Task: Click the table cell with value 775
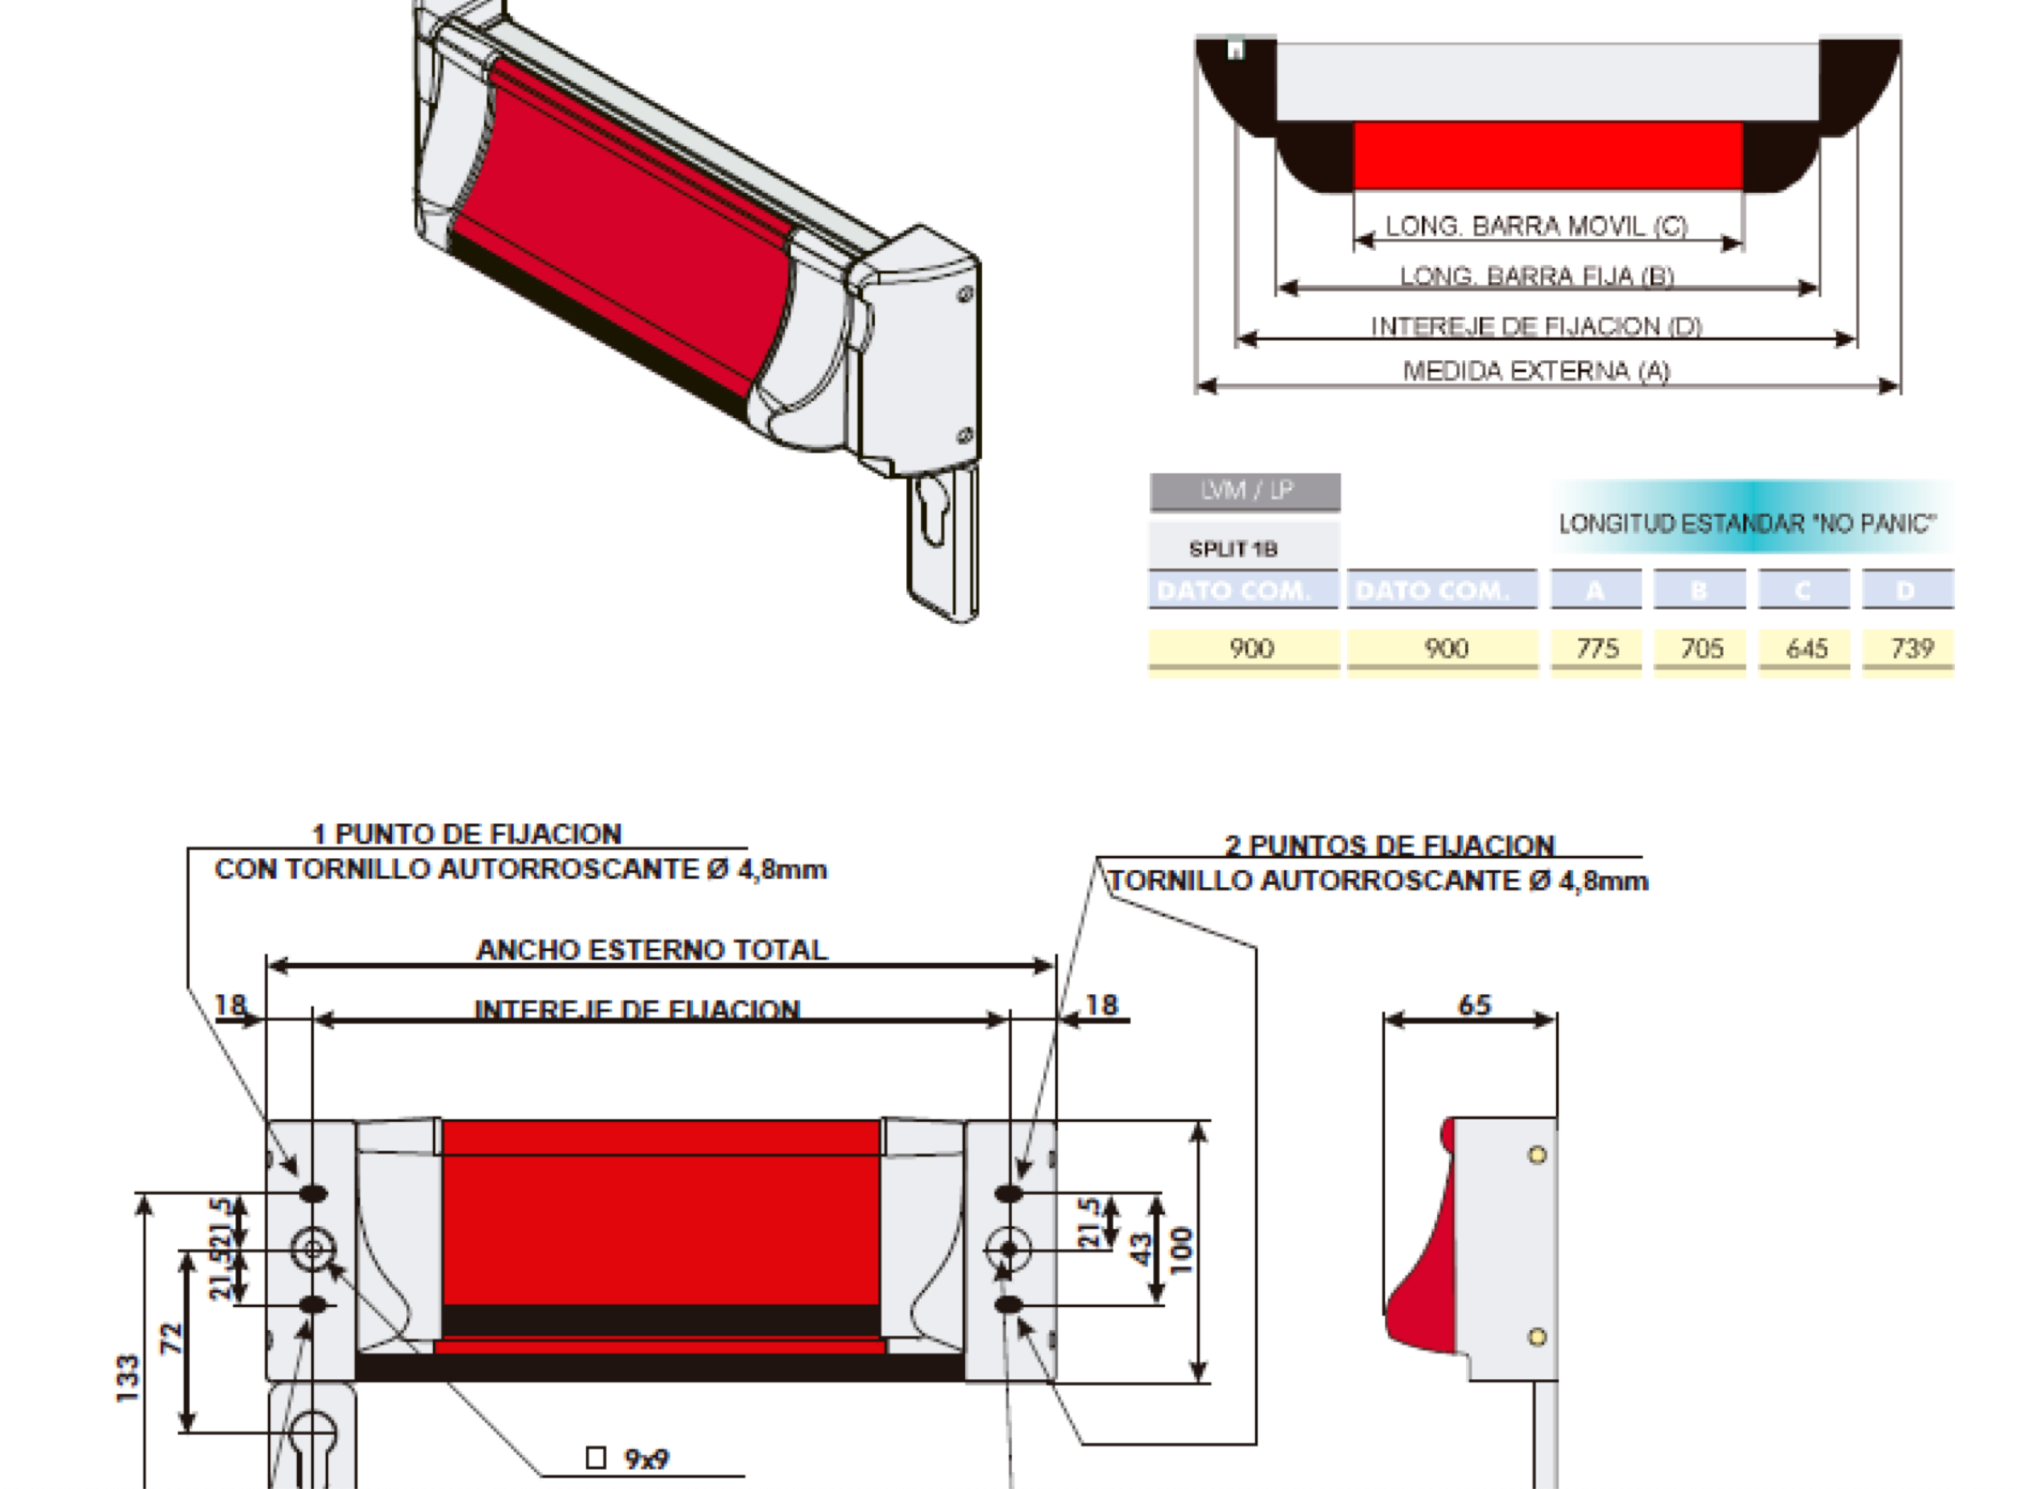1596,648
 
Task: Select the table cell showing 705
1701,648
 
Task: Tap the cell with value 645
1805,648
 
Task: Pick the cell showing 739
1910,648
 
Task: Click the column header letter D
1906,591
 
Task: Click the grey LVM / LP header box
1245,491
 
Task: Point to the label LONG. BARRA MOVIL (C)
1536,225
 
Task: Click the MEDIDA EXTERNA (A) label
1536,371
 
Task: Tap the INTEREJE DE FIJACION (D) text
1536,326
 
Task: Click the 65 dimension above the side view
1474,1005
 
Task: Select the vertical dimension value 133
128,1377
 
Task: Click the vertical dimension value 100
1181,1250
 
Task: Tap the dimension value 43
1140,1250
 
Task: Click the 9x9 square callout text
645,1458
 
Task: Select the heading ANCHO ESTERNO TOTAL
651,950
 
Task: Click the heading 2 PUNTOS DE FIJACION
1389,846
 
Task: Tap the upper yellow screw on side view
1537,1156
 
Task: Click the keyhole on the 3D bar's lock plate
931,510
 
